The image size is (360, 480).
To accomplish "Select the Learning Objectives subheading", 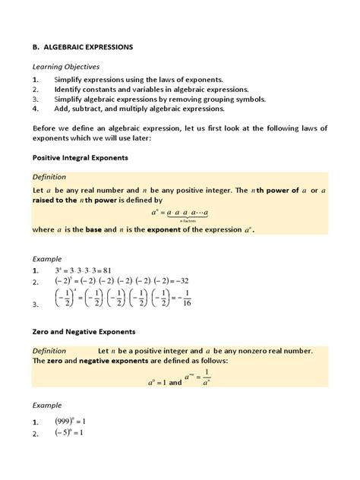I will [67, 67].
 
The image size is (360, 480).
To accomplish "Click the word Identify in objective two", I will [70, 89].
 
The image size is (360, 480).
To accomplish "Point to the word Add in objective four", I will [62, 109].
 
